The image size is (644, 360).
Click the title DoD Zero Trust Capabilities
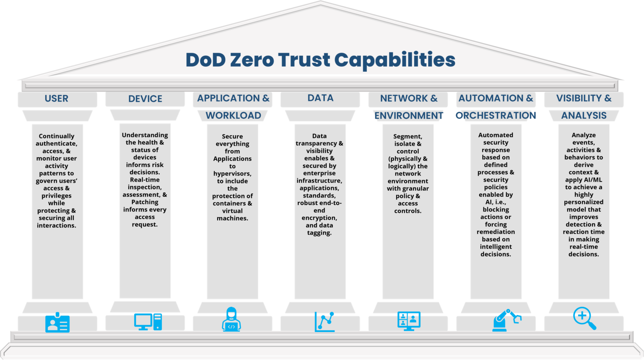click(x=320, y=60)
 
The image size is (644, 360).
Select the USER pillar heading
click(x=57, y=99)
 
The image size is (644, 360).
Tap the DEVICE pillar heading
click(x=145, y=99)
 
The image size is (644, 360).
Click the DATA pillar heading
click(x=320, y=98)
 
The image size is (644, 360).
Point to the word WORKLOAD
click(x=233, y=115)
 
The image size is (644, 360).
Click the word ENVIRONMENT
click(x=408, y=115)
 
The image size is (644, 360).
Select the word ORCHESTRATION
click(x=496, y=115)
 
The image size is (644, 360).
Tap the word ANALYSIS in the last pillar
click(x=584, y=115)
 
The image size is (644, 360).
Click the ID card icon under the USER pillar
click(x=57, y=323)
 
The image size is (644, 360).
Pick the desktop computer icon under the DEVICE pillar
click(x=148, y=322)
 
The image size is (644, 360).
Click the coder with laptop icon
click(x=231, y=320)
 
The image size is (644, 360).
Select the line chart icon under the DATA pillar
click(x=325, y=322)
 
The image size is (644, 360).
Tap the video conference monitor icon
click(x=409, y=321)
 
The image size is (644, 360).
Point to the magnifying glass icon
click(x=584, y=318)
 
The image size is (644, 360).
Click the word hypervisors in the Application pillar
click(x=232, y=174)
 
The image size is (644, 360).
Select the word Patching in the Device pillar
click(x=145, y=202)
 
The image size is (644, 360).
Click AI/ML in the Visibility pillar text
click(x=592, y=180)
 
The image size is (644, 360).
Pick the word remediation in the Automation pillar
click(x=496, y=232)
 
